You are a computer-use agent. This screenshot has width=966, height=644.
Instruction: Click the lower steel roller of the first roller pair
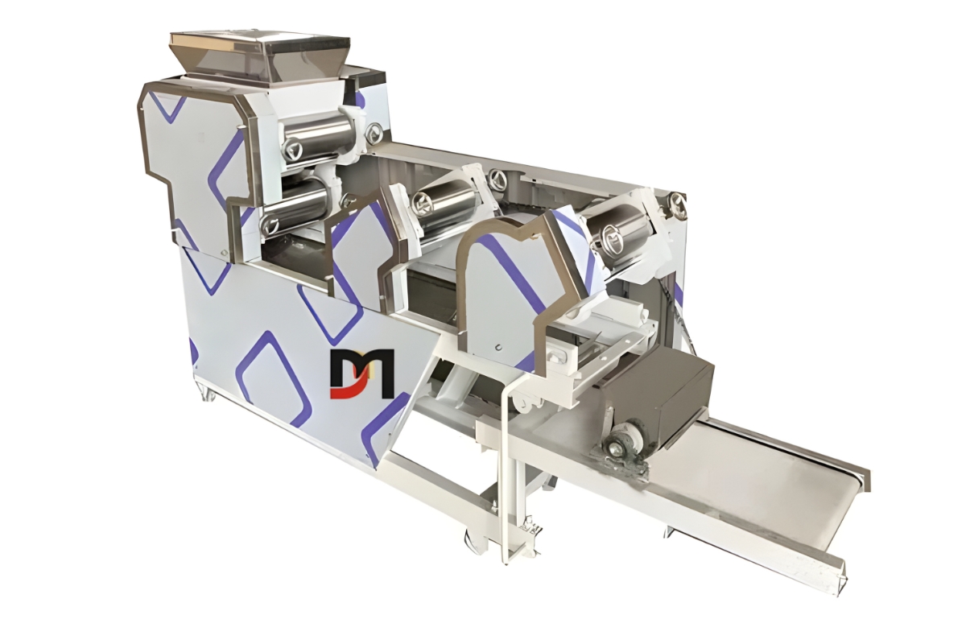(x=298, y=204)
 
